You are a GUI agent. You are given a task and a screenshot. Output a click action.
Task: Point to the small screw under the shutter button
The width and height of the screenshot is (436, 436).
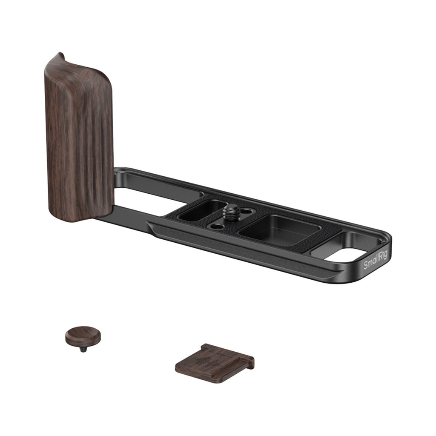click(x=83, y=349)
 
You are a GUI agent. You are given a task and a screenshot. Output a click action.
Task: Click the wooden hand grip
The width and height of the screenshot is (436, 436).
click(x=79, y=138)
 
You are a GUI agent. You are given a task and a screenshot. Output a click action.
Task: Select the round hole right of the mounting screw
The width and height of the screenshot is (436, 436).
click(x=246, y=211)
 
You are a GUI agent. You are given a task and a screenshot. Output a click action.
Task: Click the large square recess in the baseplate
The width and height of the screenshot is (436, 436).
click(x=280, y=230)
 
